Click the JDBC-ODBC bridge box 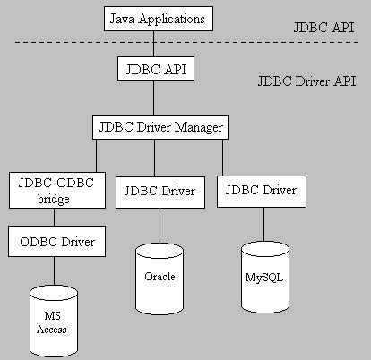coord(51,191)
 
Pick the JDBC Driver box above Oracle coord(160,190)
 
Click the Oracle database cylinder coord(160,276)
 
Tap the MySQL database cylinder coord(263,276)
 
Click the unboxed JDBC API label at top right coord(324,27)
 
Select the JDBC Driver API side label coord(305,81)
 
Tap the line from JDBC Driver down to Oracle coord(160,221)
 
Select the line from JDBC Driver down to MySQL coord(262,221)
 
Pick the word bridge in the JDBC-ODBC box coord(51,199)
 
